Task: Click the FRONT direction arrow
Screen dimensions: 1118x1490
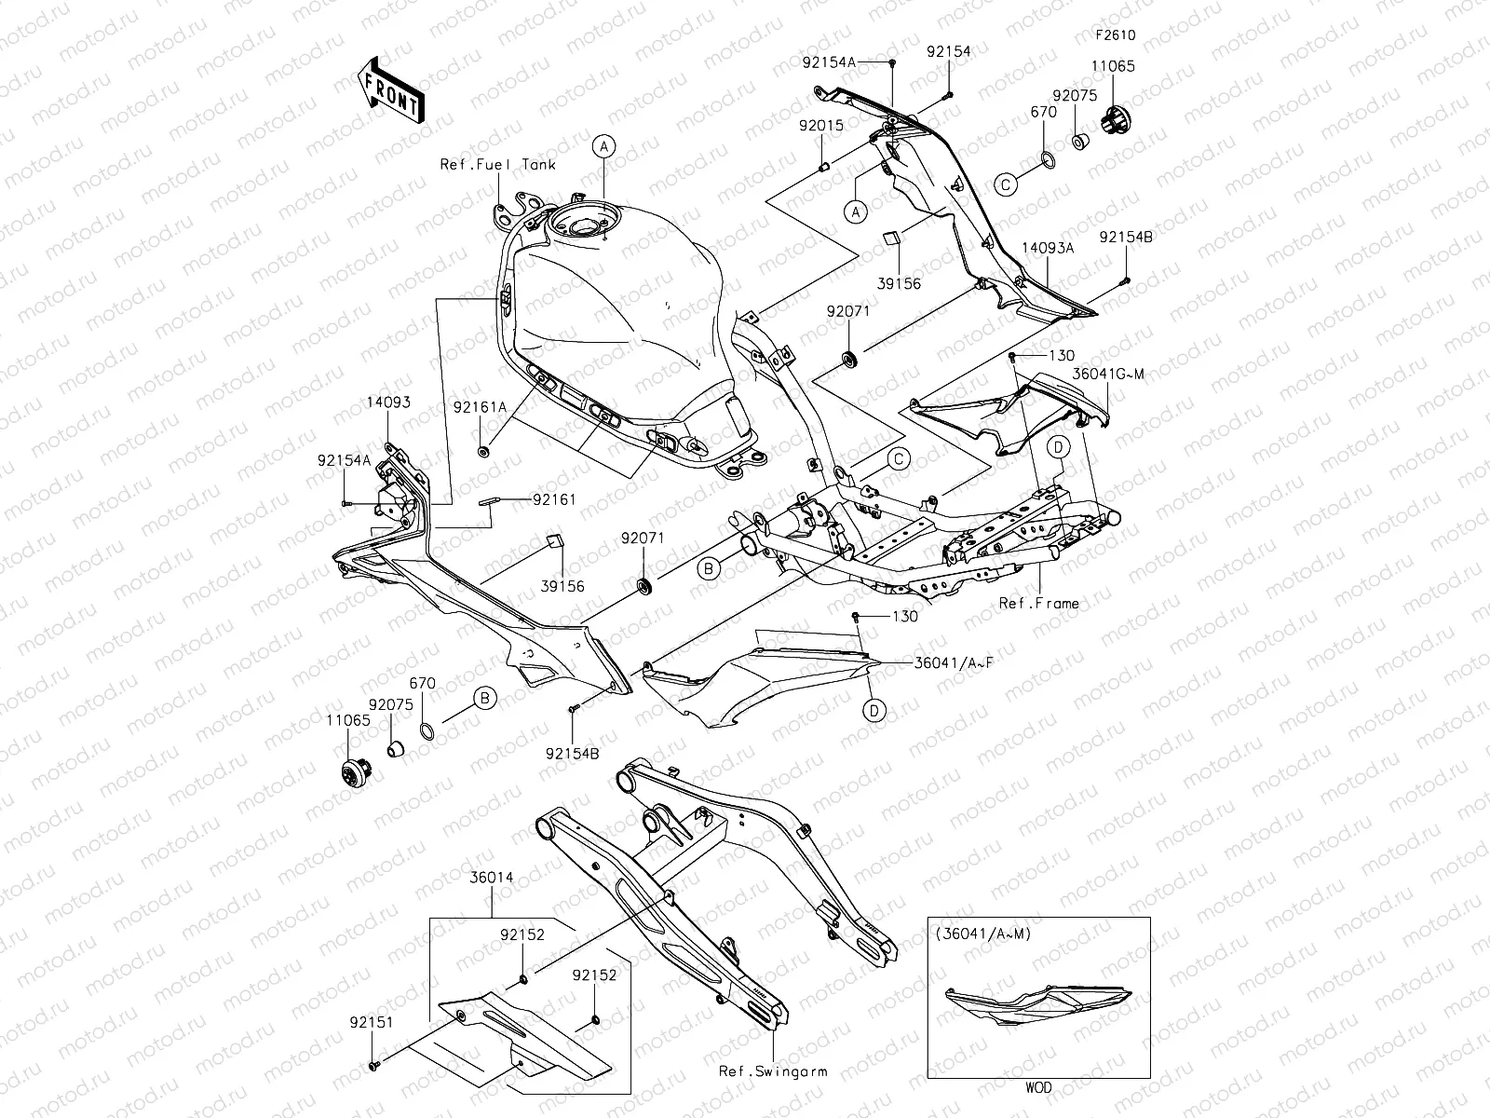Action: pyautogui.click(x=390, y=89)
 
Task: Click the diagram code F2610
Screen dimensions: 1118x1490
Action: pyautogui.click(x=1114, y=36)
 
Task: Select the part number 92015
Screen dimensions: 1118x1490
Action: pyautogui.click(x=820, y=124)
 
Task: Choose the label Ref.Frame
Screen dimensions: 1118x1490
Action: pyautogui.click(x=1038, y=603)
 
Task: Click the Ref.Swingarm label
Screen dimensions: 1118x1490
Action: pyautogui.click(x=773, y=1071)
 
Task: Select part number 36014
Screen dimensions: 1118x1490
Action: pyautogui.click(x=491, y=878)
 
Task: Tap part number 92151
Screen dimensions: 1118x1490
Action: pyautogui.click(x=372, y=1022)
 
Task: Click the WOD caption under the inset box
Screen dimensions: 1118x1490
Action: pyautogui.click(x=1039, y=1087)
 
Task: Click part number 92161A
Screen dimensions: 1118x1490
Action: pyautogui.click(x=481, y=406)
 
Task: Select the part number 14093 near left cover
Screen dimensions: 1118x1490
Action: pyautogui.click(x=387, y=402)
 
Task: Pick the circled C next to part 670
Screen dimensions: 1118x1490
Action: pyautogui.click(x=1006, y=185)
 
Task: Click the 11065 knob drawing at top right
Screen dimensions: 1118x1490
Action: pyautogui.click(x=1111, y=120)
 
